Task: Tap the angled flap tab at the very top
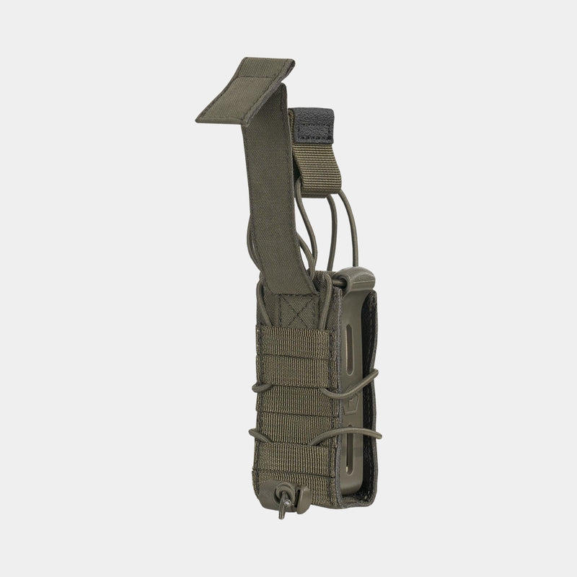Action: pos(245,90)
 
